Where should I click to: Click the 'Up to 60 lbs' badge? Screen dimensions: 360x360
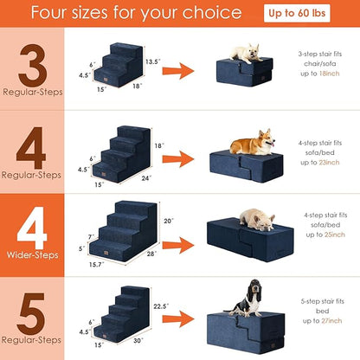tap(316, 14)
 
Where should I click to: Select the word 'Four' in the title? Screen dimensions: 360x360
tap(61, 14)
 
